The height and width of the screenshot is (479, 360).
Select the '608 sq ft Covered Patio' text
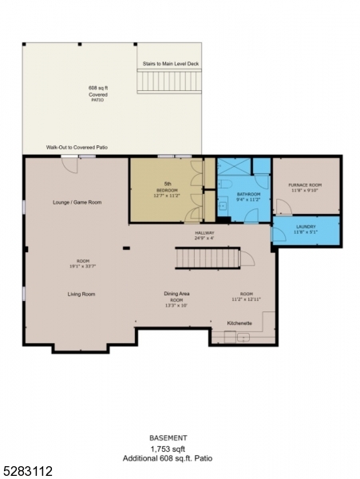point(98,94)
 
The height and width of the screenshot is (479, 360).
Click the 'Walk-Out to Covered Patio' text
point(77,148)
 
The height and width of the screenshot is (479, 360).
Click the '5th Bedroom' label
point(167,190)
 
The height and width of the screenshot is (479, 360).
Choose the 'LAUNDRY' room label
point(305,228)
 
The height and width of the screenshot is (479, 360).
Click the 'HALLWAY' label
point(205,234)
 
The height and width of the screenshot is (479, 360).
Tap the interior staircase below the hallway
point(207,259)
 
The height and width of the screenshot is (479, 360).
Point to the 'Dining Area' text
point(176,294)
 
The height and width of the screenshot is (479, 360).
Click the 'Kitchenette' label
point(239,323)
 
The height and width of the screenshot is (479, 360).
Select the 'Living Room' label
point(81,294)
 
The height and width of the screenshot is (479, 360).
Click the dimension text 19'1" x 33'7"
point(81,266)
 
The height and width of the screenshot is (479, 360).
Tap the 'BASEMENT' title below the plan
point(168,438)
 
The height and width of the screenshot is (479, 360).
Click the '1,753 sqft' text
point(168,449)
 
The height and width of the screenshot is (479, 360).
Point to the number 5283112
point(27,472)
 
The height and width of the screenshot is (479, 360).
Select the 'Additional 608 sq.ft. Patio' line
point(168,459)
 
